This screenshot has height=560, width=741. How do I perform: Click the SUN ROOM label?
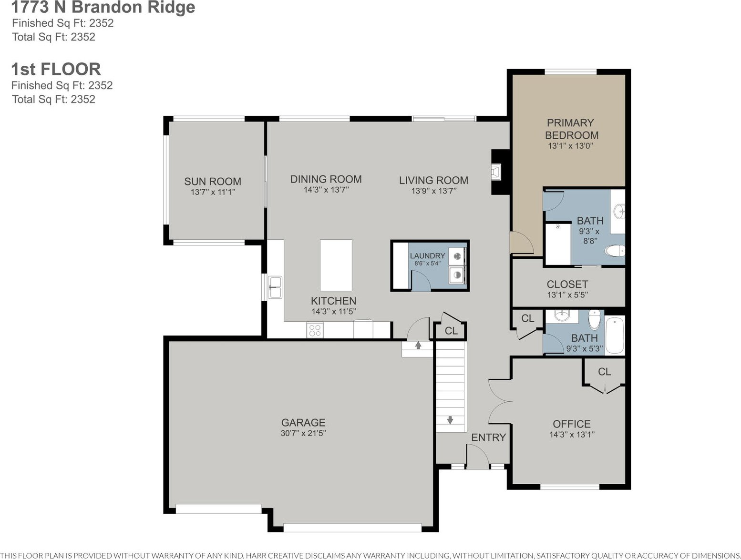[212, 182]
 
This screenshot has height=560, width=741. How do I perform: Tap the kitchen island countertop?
[336, 265]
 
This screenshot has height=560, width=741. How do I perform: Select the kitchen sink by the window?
[275, 287]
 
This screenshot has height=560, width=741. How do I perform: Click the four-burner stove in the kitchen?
[315, 330]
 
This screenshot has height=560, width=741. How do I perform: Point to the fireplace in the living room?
[496, 173]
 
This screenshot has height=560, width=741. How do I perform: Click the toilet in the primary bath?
[615, 251]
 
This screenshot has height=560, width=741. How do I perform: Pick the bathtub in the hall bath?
[615, 335]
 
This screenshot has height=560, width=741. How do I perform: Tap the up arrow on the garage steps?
[418, 345]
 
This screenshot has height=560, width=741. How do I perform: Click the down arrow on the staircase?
[450, 420]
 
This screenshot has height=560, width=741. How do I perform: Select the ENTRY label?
[488, 438]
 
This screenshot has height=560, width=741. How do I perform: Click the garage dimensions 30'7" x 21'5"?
[303, 433]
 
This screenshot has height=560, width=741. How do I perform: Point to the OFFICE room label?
[572, 424]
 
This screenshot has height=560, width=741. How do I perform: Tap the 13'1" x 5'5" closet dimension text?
[567, 295]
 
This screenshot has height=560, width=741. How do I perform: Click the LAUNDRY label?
[427, 256]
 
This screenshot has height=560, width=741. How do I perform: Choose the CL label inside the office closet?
[604, 372]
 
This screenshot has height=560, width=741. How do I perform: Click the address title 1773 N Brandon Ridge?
[103, 7]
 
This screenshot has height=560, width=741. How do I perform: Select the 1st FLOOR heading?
[56, 69]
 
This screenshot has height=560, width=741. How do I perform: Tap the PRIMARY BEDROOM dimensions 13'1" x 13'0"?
[570, 146]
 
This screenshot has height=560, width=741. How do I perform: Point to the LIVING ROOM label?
[433, 180]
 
